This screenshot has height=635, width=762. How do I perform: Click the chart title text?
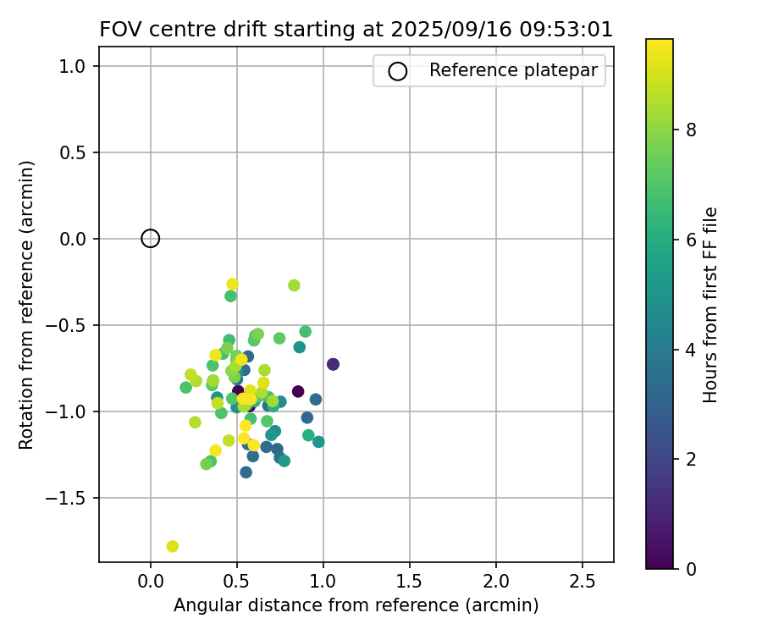click(x=356, y=30)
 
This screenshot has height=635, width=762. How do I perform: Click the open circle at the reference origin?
click(x=150, y=239)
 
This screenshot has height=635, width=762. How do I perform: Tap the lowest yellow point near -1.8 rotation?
click(x=173, y=546)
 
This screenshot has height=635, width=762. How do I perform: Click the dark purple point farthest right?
click(x=333, y=364)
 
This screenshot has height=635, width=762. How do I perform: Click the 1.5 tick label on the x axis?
click(x=410, y=583)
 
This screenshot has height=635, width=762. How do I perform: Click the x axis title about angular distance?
click(x=356, y=606)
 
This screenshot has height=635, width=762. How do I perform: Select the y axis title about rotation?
click(x=27, y=305)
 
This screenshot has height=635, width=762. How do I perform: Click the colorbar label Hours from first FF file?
click(x=711, y=305)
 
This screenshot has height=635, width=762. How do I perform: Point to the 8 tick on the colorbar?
click(x=691, y=130)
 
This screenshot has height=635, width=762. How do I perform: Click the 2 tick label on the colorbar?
click(x=691, y=459)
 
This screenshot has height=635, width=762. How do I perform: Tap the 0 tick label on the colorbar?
click(x=691, y=568)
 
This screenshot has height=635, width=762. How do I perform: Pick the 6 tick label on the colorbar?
click(x=691, y=240)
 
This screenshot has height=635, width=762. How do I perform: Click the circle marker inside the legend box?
click(x=397, y=71)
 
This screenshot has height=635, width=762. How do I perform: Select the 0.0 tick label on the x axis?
click(x=150, y=583)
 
